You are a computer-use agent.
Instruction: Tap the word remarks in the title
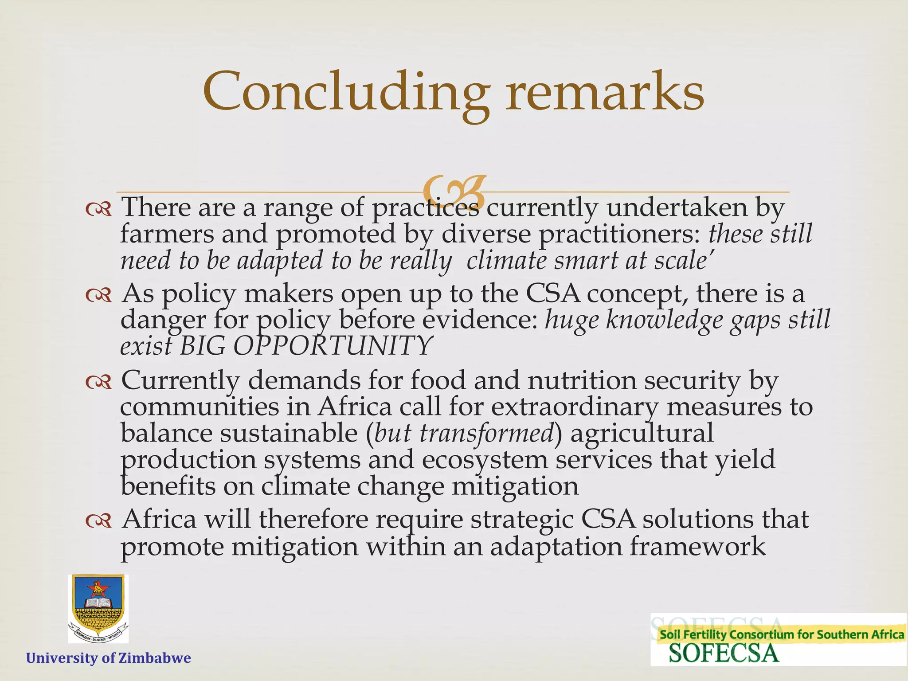[605, 92]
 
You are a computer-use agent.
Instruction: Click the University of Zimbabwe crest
[98, 608]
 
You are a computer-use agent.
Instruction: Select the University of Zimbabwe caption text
[109, 658]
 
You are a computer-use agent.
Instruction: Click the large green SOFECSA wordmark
[724, 654]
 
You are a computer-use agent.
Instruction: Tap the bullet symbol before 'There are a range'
[98, 208]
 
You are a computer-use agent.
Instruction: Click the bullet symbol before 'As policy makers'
[98, 295]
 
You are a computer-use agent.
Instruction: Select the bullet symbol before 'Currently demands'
[98, 381]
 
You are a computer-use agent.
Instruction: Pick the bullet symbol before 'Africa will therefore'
[98, 521]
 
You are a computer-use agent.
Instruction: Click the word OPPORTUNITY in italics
[333, 346]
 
